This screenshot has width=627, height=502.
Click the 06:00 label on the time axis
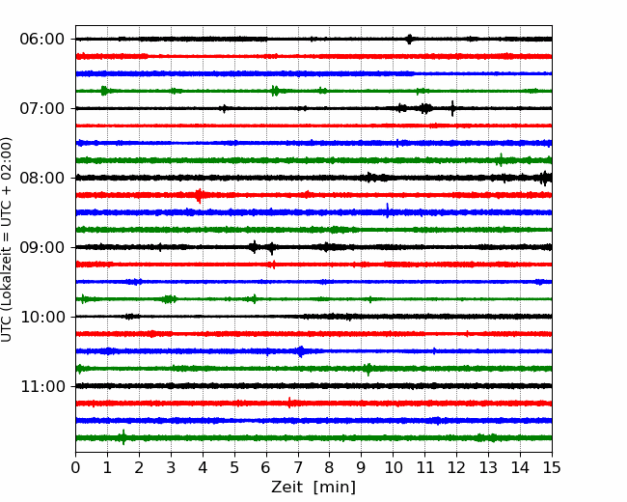coord(42,40)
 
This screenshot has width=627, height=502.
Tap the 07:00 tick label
coord(42,108)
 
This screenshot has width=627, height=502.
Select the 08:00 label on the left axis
coord(42,178)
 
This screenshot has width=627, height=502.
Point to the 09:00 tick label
coord(42,247)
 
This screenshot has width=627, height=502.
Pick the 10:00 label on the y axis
coord(42,317)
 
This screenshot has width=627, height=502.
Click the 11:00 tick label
coord(42,386)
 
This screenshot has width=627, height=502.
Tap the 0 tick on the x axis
coord(75,467)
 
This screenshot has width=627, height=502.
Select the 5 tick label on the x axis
coord(234,467)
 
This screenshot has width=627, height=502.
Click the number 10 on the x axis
coord(393,467)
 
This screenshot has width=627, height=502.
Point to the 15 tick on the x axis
coord(552,467)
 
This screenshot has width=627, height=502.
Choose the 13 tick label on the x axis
coord(488,467)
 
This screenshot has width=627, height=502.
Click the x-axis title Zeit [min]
coord(313,488)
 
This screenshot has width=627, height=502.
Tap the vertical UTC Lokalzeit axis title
coord(7,239)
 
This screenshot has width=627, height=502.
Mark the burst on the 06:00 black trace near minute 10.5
coord(409,40)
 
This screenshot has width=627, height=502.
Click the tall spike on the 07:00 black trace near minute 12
coord(452,108)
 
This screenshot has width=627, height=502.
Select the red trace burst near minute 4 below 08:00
coord(199,195)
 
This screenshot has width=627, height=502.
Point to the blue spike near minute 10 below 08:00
coord(388,210)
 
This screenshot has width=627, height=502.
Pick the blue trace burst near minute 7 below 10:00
coord(301,351)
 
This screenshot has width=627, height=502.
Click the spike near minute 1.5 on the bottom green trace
coord(123,437)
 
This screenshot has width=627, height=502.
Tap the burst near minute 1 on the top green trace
coord(104,91)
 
